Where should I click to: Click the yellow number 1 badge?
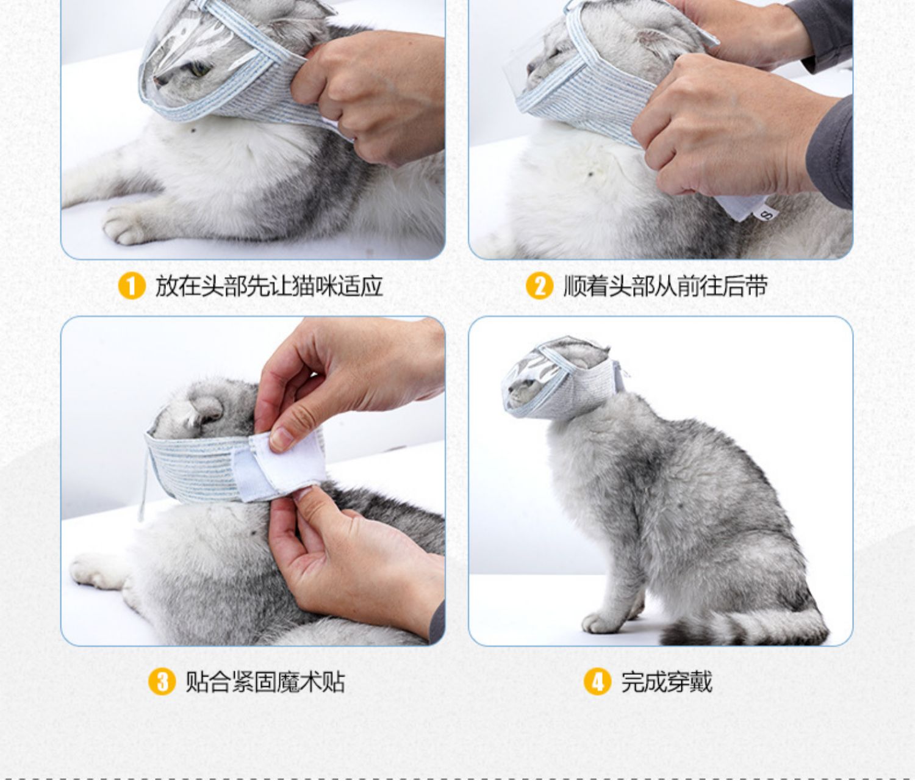click(132, 286)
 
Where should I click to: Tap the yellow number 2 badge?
click(539, 286)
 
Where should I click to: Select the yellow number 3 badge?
click(162, 682)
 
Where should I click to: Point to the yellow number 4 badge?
click(598, 682)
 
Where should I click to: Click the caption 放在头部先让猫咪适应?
click(269, 286)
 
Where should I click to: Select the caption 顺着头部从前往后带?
click(665, 286)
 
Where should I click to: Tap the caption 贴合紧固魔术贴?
click(265, 682)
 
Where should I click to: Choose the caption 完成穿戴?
click(667, 682)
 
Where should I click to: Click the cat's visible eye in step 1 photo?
click(199, 69)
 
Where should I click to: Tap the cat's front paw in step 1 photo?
click(125, 226)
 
